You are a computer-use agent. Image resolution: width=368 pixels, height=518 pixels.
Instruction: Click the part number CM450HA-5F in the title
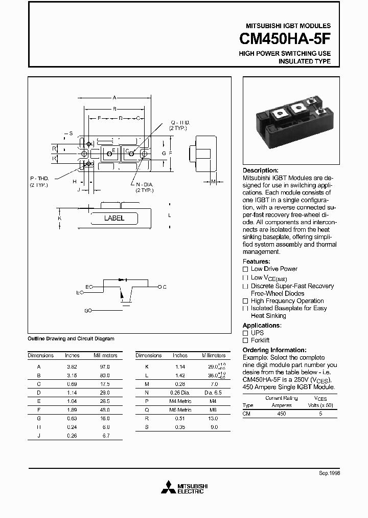[285, 39]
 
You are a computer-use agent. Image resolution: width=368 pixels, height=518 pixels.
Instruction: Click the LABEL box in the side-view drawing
[114, 218]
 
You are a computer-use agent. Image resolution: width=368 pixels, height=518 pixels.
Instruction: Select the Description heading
[260, 170]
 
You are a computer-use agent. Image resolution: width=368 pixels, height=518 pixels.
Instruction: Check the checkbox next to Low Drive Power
[245, 269]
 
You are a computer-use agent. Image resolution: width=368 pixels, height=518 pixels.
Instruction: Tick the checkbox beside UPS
[245, 333]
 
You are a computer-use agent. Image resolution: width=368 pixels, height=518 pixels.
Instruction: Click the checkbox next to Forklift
[245, 340]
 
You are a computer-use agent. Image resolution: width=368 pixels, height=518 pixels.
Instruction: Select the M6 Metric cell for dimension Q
[180, 410]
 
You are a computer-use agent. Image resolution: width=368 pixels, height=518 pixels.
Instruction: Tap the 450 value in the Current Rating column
[281, 413]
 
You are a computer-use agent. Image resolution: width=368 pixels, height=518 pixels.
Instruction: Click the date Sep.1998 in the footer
[330, 474]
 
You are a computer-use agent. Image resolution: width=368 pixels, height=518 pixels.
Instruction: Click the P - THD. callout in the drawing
[39, 178]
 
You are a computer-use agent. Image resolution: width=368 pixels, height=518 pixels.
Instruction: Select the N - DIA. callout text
[145, 184]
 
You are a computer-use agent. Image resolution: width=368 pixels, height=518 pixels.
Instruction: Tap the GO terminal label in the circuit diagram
[87, 311]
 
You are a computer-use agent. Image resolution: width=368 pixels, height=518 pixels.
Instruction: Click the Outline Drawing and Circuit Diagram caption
[71, 339]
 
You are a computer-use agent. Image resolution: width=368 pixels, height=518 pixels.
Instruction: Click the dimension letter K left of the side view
[60, 218]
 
